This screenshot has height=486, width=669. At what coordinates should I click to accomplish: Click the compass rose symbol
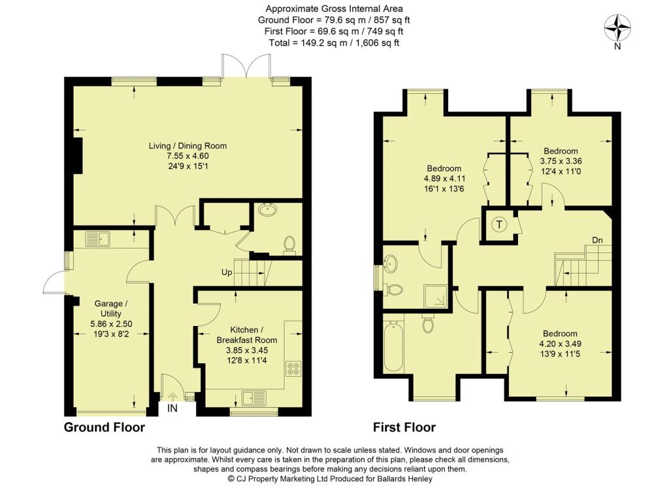[x=617, y=27]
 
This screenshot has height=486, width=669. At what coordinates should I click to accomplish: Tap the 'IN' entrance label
[x=172, y=408]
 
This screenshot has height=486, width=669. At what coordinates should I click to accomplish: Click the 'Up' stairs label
[x=227, y=272]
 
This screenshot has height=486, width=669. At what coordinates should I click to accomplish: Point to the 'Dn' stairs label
[x=597, y=240]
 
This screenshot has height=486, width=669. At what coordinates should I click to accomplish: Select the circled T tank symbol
[x=500, y=224]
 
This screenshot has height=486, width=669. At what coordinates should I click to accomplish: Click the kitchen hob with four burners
[x=293, y=368]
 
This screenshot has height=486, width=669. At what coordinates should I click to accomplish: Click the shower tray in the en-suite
[x=436, y=296]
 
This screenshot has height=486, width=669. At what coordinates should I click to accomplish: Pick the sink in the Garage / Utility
[x=98, y=238]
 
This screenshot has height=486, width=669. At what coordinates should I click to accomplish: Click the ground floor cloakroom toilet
[x=289, y=244]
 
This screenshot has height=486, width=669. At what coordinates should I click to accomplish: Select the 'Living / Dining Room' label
[x=188, y=146]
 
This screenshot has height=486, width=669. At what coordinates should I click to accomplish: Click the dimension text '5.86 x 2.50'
[x=111, y=324]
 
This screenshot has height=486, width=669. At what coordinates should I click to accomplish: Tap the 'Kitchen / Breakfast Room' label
[x=247, y=335]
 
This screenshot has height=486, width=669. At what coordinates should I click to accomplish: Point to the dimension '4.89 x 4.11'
[x=444, y=178]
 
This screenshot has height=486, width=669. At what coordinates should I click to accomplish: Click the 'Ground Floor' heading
[x=105, y=427]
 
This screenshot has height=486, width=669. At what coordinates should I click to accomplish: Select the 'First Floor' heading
[x=404, y=427]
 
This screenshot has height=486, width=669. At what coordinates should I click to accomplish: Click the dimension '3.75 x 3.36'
[x=561, y=161]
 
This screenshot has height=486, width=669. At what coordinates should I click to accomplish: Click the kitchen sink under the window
[x=254, y=398]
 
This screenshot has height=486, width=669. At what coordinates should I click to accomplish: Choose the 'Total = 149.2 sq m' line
[x=334, y=42]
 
